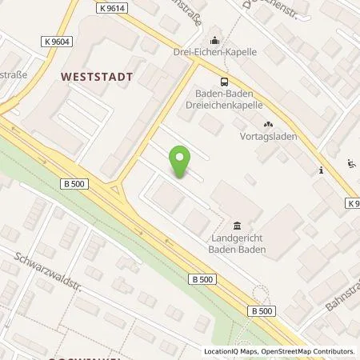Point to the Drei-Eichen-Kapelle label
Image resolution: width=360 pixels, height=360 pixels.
(214, 52)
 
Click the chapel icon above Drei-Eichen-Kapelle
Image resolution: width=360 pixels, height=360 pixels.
(214, 40)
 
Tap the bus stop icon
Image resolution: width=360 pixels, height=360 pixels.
(224, 81)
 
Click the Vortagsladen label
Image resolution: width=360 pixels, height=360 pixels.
(268, 137)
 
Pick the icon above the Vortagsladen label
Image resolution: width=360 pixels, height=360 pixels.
(267, 124)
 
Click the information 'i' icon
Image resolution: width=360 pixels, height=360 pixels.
(320, 170)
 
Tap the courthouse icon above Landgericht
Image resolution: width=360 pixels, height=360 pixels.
(236, 226)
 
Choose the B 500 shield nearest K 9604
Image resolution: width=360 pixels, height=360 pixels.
(73, 184)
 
